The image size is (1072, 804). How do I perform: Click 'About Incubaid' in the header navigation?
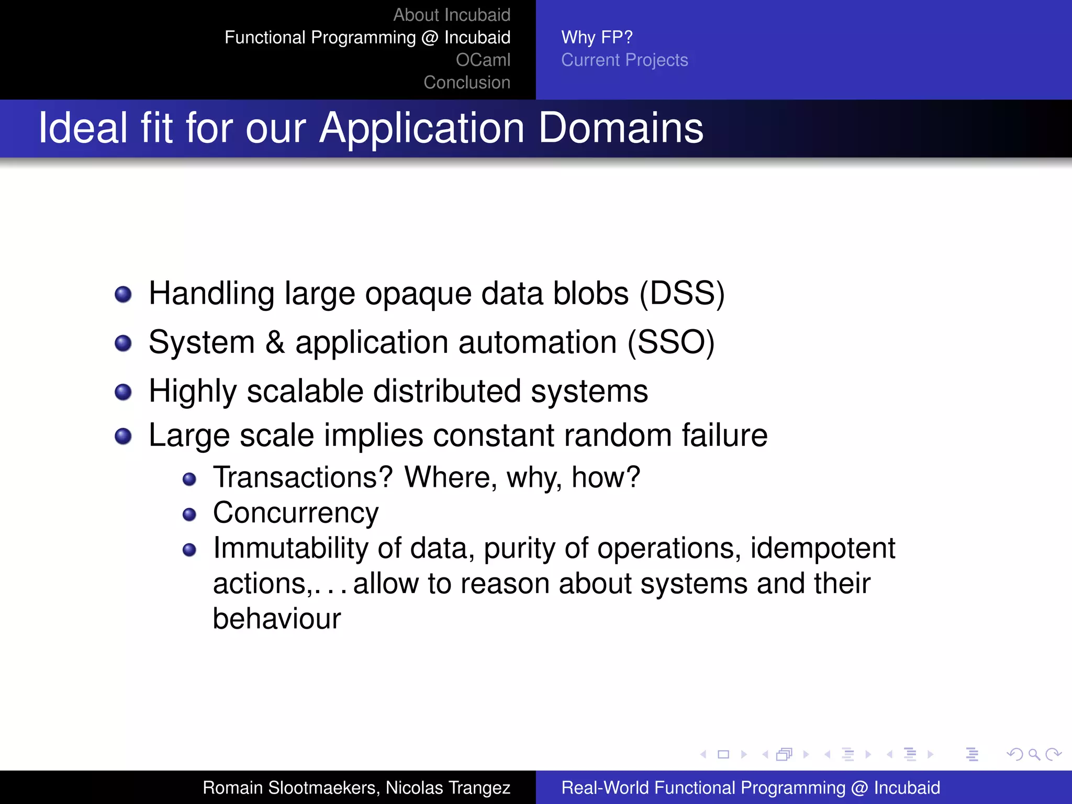tap(451, 15)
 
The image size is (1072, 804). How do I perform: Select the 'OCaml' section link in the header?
tap(483, 60)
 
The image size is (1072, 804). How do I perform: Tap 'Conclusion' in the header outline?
tap(466, 83)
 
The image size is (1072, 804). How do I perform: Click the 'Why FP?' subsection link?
tap(597, 38)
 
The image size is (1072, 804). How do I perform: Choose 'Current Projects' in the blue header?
tap(624, 60)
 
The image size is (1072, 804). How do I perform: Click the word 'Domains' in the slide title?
tap(621, 128)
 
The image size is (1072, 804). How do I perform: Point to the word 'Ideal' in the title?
tap(83, 128)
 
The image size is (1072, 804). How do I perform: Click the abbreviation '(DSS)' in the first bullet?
tap(682, 293)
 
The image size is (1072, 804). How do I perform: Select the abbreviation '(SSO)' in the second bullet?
tap(671, 342)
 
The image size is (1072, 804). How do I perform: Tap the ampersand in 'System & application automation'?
tap(275, 343)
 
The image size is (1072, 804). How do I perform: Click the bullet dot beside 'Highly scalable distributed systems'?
tap(123, 392)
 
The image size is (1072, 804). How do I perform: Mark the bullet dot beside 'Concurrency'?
tap(189, 515)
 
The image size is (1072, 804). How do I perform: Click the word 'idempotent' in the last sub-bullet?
tap(823, 548)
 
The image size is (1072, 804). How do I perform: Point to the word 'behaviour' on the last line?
tap(276, 619)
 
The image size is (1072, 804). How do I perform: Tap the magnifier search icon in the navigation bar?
tap(1034, 754)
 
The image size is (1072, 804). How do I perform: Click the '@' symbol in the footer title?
tap(859, 788)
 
